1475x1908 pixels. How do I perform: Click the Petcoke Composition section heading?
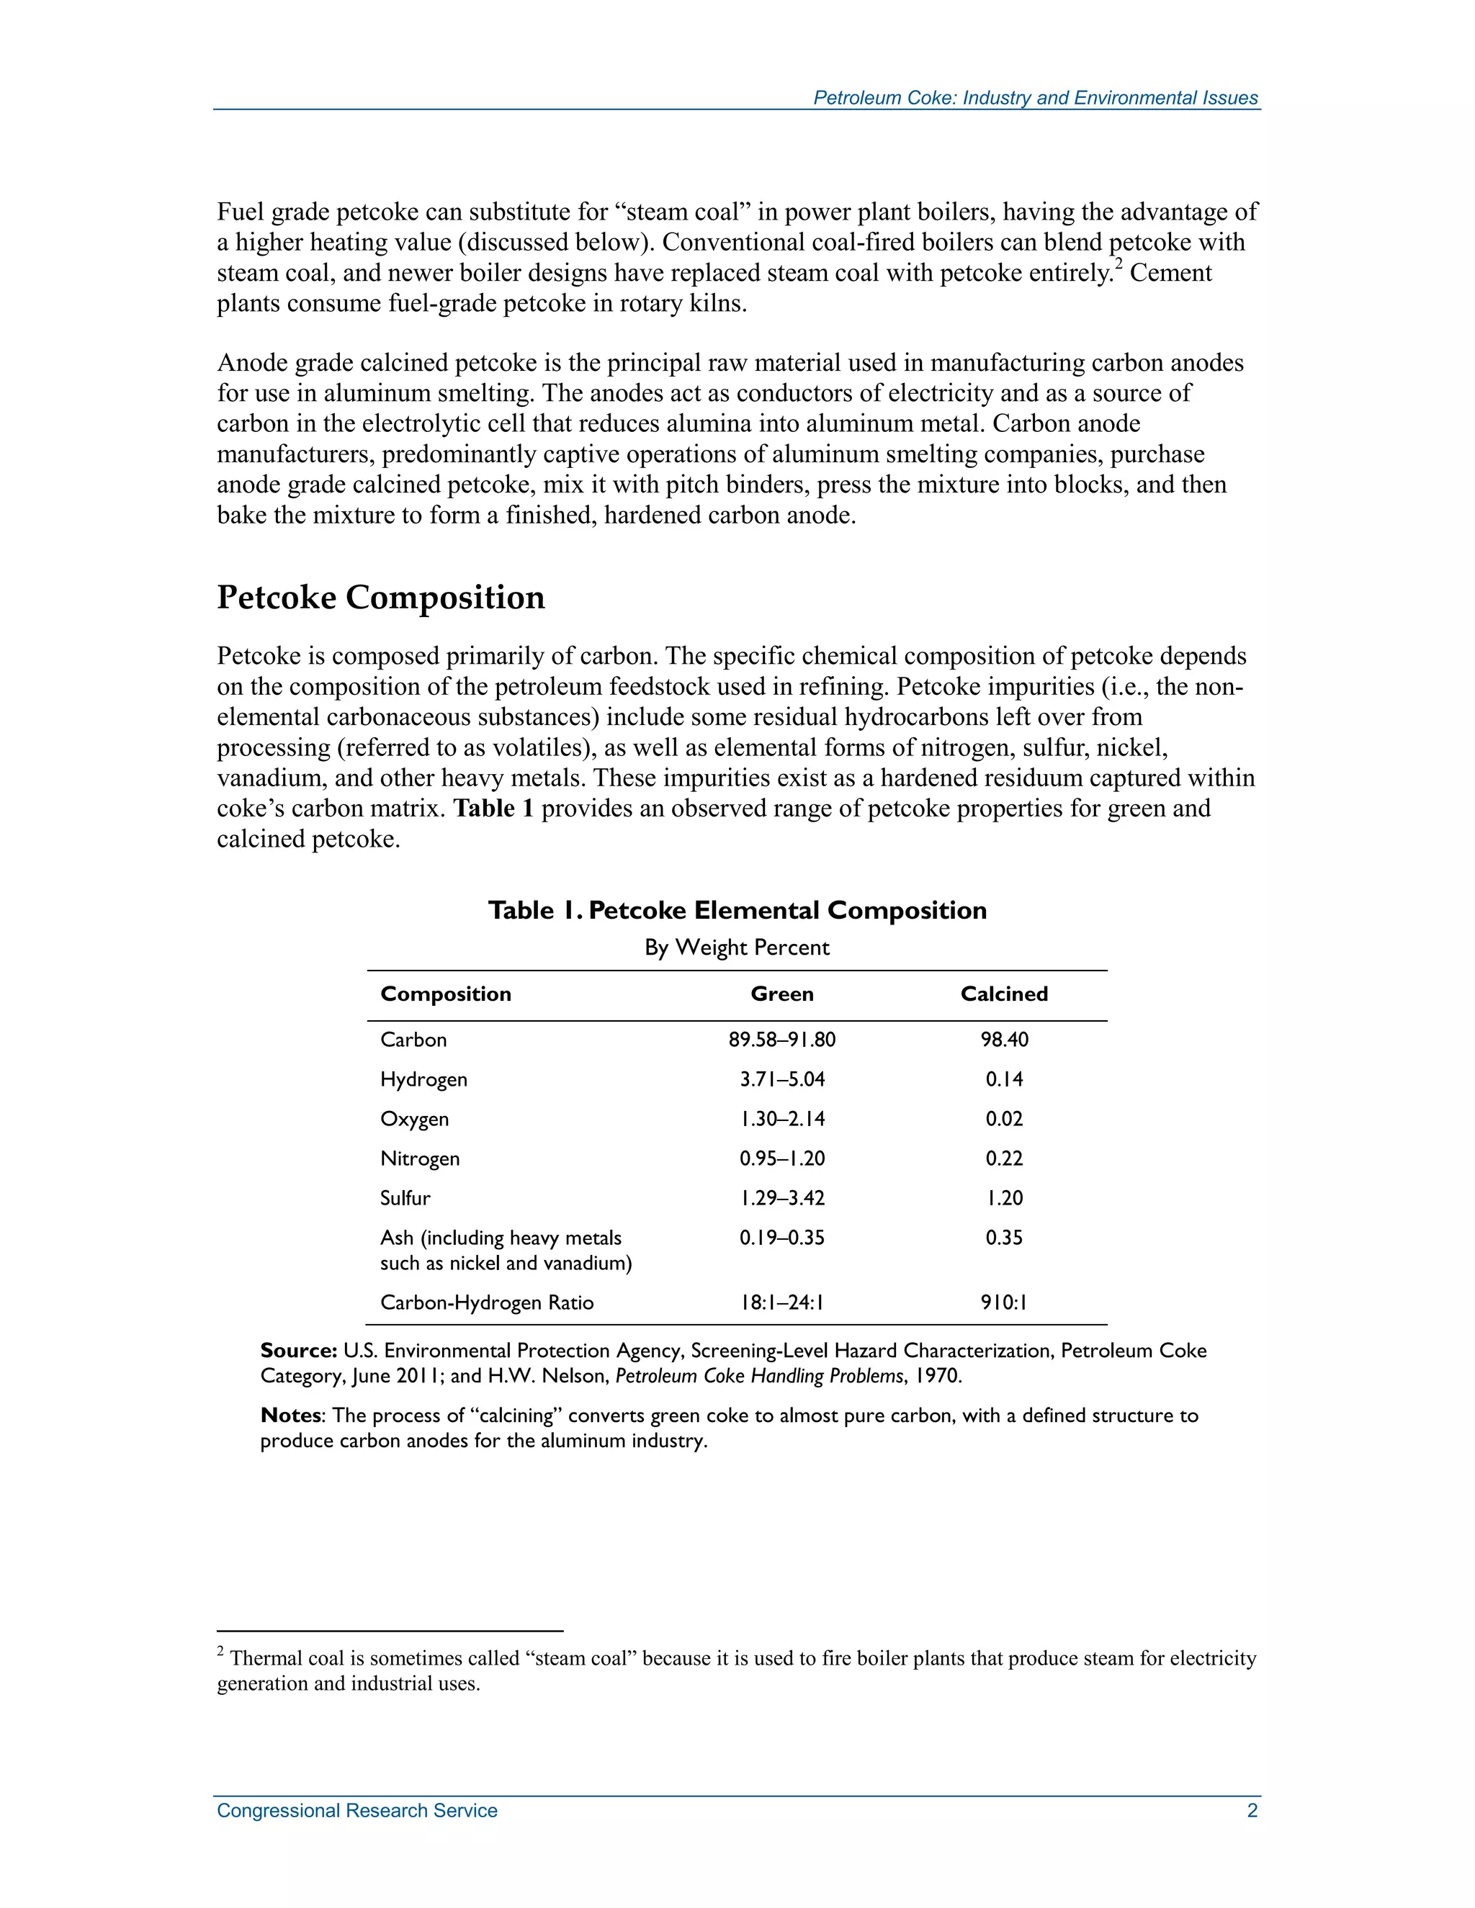(x=380, y=598)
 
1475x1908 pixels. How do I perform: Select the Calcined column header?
(x=1003, y=994)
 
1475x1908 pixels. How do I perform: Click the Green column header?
(x=782, y=994)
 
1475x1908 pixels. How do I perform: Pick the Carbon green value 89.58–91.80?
(x=782, y=1040)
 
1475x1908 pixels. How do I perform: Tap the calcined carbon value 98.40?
(x=1004, y=1040)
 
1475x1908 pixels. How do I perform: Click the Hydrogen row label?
(x=423, y=1079)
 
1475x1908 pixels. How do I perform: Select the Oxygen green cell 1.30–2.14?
(x=782, y=1119)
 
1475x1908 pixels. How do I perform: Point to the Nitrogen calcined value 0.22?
(x=1004, y=1158)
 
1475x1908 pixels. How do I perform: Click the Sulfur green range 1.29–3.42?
(x=782, y=1198)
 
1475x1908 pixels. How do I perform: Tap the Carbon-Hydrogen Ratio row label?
(x=487, y=1302)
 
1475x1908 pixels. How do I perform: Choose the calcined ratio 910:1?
(x=1004, y=1302)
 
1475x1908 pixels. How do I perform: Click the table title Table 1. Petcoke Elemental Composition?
(x=737, y=910)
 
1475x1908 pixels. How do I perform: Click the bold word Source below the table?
(x=298, y=1351)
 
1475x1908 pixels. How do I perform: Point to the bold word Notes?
(x=290, y=1416)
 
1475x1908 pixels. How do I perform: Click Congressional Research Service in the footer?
(x=357, y=1810)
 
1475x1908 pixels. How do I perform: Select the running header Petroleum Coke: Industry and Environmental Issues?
(x=1035, y=98)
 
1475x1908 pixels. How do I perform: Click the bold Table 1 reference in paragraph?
(x=493, y=808)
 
